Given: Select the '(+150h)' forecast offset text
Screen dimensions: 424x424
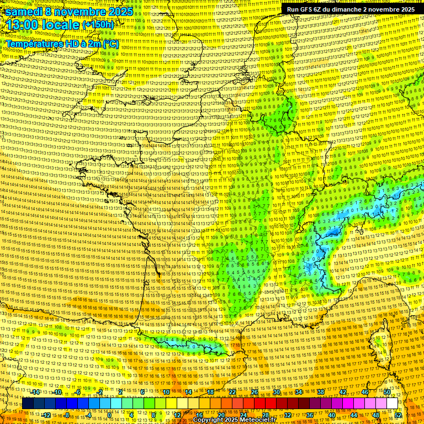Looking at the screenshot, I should point(98,25).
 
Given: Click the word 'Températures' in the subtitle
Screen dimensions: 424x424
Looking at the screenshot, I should point(34,43).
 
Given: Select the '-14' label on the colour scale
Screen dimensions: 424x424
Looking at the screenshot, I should point(36,392).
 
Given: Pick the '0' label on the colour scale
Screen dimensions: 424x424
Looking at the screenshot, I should point(109,415).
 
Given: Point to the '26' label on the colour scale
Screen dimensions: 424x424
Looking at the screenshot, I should point(255,392).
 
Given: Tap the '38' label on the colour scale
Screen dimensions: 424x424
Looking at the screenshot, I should point(321,392).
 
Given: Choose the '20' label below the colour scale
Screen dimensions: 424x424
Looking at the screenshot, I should point(221,415).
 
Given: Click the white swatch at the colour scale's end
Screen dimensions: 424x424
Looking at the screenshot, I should point(392,404).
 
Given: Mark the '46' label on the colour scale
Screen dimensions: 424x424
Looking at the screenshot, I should point(365,392).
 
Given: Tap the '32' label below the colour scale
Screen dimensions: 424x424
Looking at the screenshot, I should point(288,415).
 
